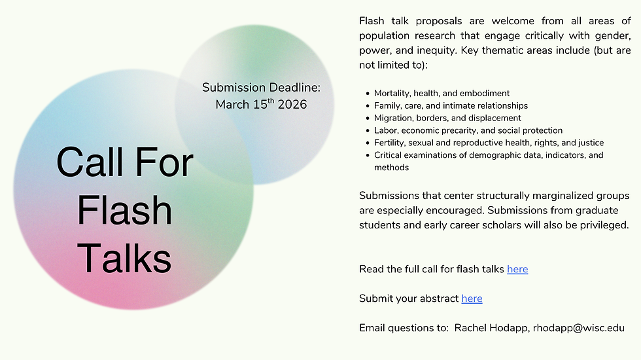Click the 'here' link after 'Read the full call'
517,269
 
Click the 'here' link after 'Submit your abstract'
472,298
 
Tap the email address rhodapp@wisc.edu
578,328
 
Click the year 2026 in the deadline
292,105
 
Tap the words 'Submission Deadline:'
261,87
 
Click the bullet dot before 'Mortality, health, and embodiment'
368,94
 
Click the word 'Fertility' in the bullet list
391,143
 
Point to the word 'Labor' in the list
386,130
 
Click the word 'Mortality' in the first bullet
392,93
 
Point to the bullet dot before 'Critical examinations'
368,156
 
